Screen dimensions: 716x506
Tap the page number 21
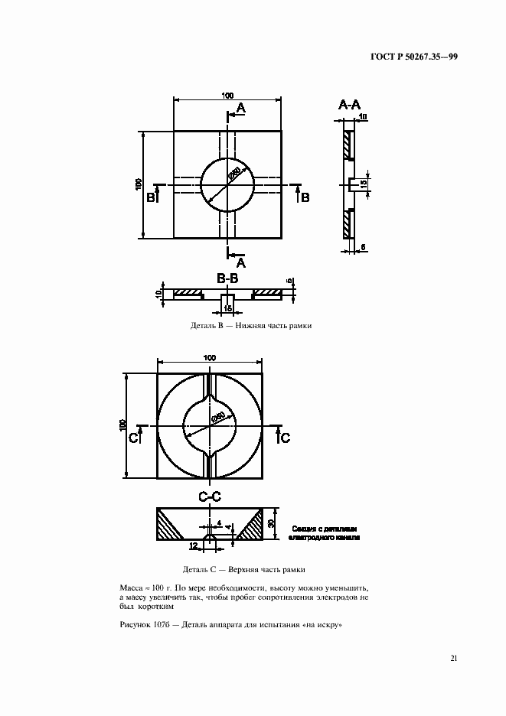(454, 658)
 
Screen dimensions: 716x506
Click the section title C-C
(210, 496)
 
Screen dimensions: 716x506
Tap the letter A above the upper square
(240, 109)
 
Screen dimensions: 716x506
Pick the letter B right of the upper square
(304, 197)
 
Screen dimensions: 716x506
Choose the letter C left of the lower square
(133, 438)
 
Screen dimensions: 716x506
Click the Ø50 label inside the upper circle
(234, 174)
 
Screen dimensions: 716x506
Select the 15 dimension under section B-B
(227, 308)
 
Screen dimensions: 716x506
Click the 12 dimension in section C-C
(193, 545)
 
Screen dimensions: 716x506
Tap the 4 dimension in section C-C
(219, 524)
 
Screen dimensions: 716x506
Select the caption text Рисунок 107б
(145, 624)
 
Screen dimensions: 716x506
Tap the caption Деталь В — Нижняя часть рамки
(251, 325)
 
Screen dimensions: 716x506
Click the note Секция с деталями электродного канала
(325, 533)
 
